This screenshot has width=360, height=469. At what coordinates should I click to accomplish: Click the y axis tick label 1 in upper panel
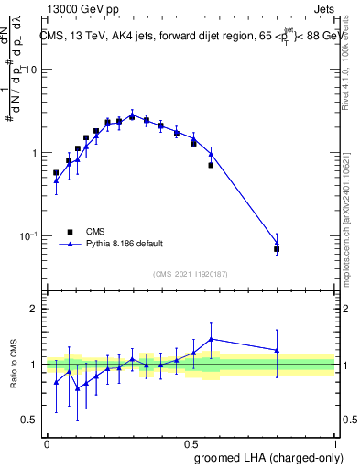coord(35,153)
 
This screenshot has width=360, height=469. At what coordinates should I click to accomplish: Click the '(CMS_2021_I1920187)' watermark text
coord(191,274)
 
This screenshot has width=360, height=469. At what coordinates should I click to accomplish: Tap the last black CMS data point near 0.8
coord(277,249)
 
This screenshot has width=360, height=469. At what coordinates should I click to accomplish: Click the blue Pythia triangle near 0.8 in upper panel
coord(277,243)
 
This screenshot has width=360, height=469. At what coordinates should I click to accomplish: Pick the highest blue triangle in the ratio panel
coord(212,339)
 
